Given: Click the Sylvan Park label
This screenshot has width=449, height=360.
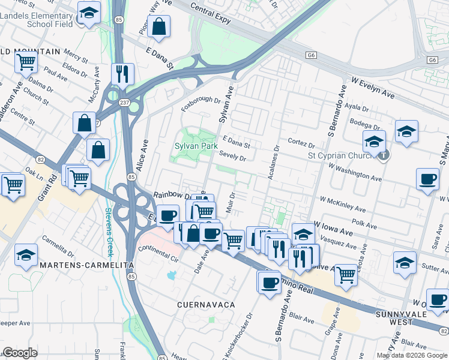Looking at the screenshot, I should [196, 146].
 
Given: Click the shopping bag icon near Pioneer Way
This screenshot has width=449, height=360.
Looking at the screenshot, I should [158, 26].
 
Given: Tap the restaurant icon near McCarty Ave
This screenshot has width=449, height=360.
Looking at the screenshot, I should [122, 74].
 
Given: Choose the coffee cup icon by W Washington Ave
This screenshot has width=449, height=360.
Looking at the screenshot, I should [428, 179].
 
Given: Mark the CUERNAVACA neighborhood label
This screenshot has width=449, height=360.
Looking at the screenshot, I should [205, 305].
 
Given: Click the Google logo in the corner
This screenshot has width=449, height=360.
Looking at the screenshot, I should [20, 353].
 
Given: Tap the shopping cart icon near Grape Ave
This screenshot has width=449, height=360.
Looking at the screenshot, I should [346, 274].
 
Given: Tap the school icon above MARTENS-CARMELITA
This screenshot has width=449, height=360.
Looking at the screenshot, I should [26, 254].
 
